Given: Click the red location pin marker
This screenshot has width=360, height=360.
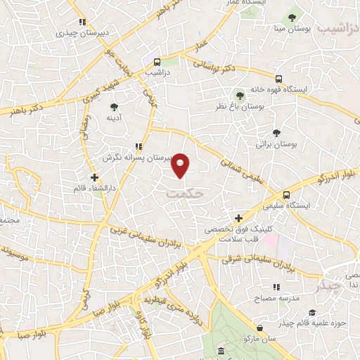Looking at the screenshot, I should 181,165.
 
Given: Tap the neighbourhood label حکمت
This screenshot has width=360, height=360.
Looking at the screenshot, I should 188,190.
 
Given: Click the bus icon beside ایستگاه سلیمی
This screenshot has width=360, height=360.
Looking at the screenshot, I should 286,195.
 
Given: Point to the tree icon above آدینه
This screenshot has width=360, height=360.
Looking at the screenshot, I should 115,107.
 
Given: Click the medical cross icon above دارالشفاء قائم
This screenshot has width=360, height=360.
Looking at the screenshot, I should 94,176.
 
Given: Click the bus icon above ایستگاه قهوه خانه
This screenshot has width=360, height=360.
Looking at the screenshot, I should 279,79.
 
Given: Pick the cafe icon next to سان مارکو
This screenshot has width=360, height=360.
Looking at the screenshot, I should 261,328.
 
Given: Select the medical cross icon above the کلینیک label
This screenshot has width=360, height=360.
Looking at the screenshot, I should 239,219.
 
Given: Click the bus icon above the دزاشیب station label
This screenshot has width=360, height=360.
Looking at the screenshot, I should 157,61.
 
